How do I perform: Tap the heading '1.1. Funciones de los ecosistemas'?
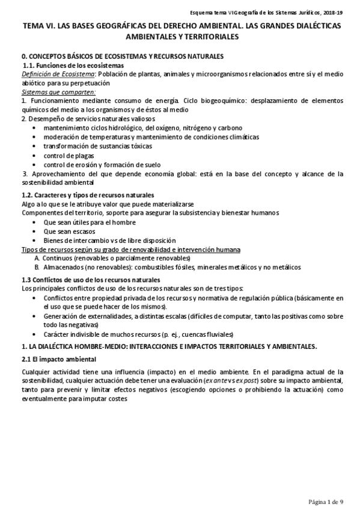click(x=73, y=65)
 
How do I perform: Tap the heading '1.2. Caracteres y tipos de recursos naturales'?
click(x=88, y=195)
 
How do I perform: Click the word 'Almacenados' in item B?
click(x=63, y=267)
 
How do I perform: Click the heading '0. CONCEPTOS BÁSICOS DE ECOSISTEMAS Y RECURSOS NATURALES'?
click(x=123, y=56)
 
